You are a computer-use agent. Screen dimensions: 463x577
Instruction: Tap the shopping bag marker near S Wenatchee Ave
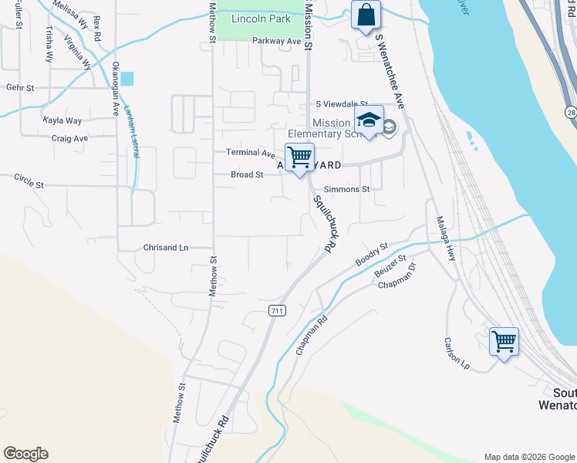tap(366, 15)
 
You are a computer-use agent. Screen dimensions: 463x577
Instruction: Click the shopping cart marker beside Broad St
tap(299, 157)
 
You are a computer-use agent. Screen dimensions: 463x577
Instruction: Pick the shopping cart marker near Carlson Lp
tap(504, 340)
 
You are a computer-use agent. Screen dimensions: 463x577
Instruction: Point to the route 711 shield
tap(278, 310)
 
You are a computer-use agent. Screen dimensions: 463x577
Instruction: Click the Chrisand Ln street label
tap(165, 248)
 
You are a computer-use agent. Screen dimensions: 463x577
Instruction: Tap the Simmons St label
tap(347, 189)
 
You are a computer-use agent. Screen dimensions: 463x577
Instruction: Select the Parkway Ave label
tap(276, 41)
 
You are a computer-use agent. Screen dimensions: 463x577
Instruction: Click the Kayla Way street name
tap(62, 121)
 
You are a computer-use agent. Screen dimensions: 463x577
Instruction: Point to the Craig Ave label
tap(69, 139)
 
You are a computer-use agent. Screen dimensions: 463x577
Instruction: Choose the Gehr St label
tap(20, 88)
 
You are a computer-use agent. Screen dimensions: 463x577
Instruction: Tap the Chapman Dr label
tap(397, 277)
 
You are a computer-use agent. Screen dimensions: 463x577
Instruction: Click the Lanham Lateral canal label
tap(131, 131)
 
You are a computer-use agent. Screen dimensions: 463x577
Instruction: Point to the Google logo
tap(25, 454)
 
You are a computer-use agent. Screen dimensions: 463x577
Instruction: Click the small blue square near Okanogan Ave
tap(127, 78)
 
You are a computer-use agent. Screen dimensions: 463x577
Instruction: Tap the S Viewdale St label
tap(342, 104)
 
